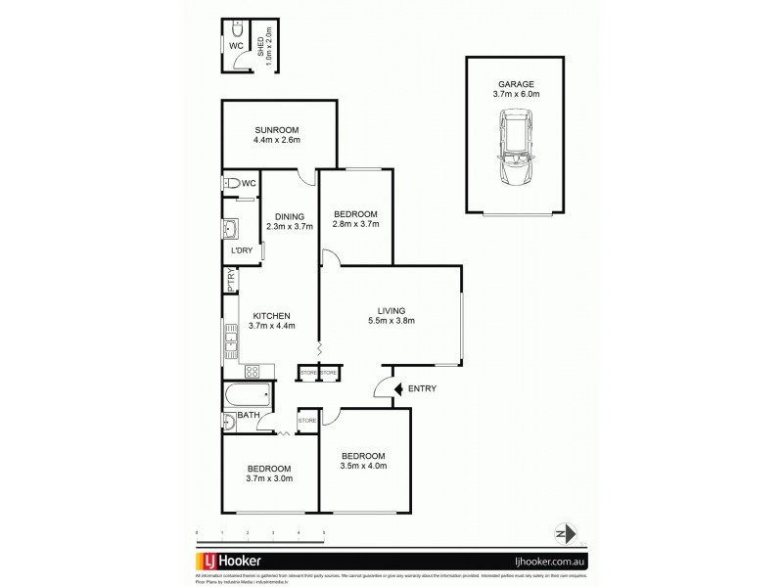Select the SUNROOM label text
(277, 130)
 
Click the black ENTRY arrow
(397, 389)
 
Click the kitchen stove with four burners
(251, 371)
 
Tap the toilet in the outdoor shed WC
(236, 29)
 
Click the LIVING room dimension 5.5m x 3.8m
(391, 321)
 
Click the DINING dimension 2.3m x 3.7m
(290, 227)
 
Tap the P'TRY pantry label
(231, 281)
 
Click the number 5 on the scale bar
(324, 533)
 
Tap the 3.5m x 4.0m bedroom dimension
(363, 467)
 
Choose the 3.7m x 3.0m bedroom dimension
(269, 479)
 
